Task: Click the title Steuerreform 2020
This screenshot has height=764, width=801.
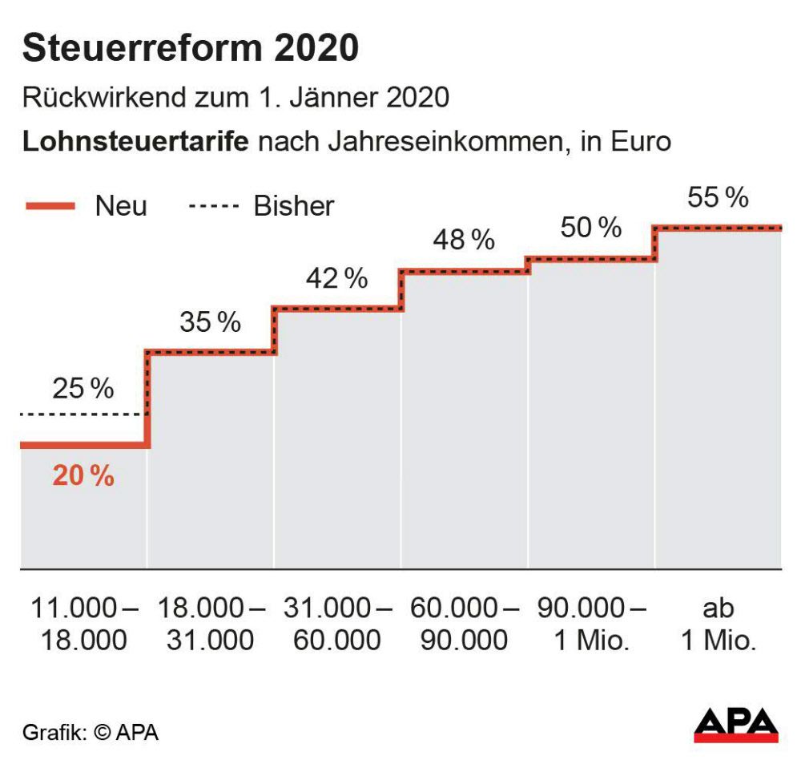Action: coord(190,49)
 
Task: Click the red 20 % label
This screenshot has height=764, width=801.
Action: coord(83,476)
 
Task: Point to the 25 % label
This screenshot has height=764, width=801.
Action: coord(83,389)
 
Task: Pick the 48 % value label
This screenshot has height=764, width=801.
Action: coord(464,240)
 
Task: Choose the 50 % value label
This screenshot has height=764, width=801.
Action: coord(590,228)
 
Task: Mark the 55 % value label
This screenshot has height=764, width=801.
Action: coord(718,197)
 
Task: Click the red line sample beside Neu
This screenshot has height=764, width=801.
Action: coord(50,206)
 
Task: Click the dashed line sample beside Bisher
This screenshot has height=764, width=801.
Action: coord(214,207)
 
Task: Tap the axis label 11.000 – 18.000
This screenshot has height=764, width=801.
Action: coord(83,624)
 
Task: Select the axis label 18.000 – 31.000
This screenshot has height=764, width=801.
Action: coord(210,624)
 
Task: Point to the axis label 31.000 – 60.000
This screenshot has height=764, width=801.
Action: coord(336,624)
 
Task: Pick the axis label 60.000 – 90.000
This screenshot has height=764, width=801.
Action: coord(464,624)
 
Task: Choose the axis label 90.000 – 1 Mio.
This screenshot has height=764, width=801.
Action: coord(590,624)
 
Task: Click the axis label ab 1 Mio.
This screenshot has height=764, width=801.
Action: coord(718,624)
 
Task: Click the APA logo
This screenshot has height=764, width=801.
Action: coord(735,725)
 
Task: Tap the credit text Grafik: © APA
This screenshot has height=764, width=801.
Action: coord(90,732)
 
